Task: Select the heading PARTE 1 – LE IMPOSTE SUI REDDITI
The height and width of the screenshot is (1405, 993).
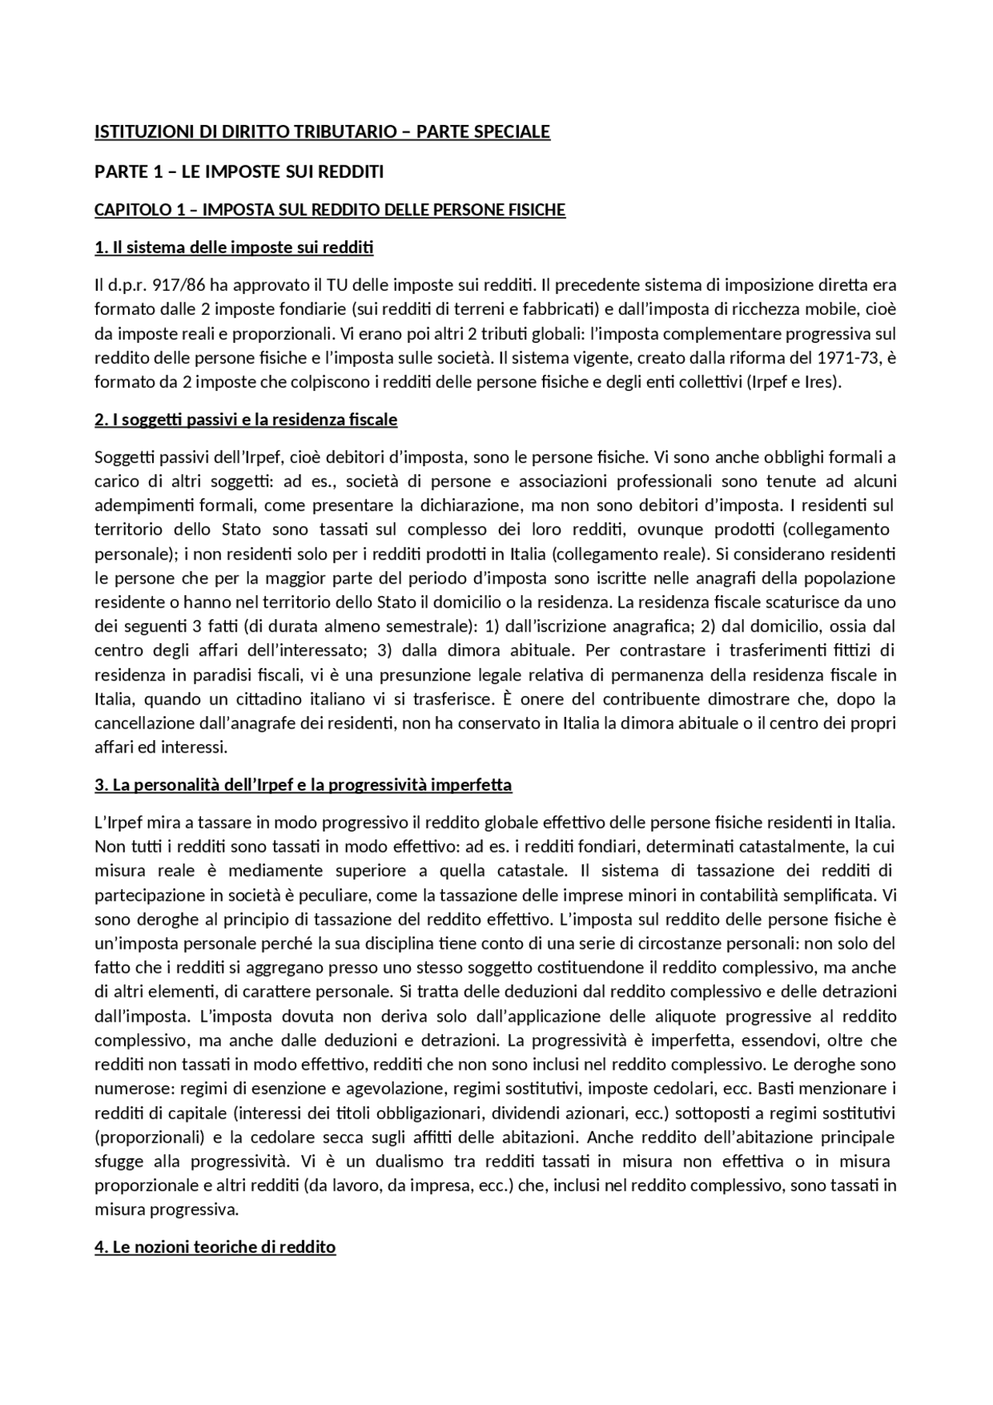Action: click(x=239, y=172)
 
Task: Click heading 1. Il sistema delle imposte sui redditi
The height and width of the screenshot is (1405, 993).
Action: click(x=234, y=248)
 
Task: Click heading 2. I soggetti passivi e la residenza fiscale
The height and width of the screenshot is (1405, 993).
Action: click(x=246, y=420)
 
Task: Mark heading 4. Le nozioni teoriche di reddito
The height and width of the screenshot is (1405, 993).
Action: click(x=215, y=1248)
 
